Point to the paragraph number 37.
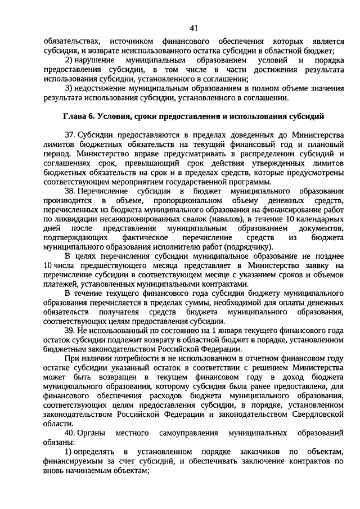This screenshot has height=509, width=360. [70, 136]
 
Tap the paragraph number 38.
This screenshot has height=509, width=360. [70, 191]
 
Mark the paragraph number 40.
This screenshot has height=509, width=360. [70, 434]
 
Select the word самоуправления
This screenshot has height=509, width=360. [188, 434]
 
